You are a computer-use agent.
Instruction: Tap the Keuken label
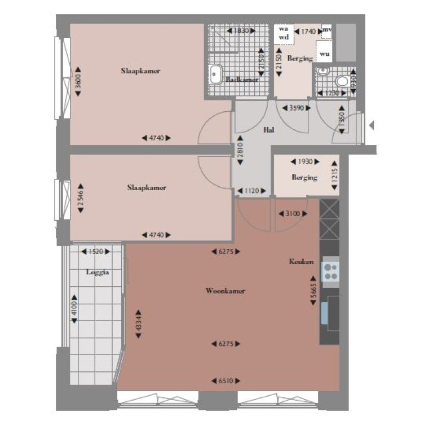point(301,262)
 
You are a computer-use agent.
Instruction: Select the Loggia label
point(97,272)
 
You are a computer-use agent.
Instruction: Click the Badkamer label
point(242,80)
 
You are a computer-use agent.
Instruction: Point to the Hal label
point(269,130)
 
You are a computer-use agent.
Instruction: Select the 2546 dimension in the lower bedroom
point(80,198)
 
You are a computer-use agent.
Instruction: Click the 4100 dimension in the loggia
point(74,310)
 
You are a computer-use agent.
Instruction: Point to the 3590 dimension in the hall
point(297,108)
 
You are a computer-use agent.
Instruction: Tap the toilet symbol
point(322,72)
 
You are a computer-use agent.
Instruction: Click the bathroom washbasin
point(215,74)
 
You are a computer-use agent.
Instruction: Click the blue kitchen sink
point(325,313)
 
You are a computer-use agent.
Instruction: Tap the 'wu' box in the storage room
point(324,54)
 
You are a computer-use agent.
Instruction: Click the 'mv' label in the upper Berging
point(326,29)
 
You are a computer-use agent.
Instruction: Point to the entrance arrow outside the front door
point(371,125)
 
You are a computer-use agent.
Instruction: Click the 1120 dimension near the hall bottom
point(251,191)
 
